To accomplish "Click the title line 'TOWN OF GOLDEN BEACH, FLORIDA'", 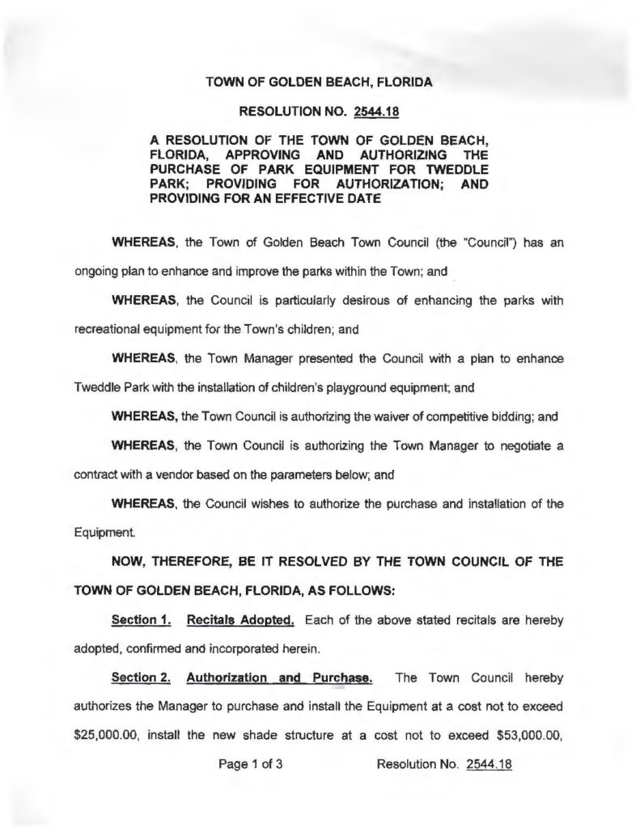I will (319, 83).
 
